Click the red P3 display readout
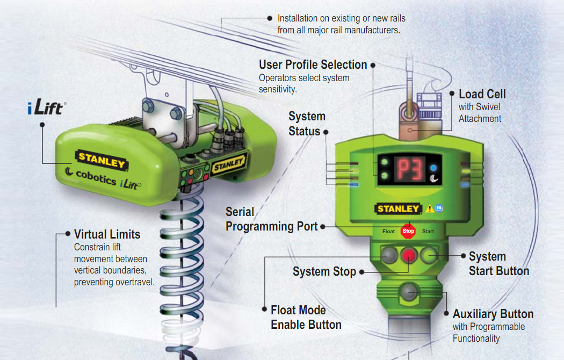[x=410, y=169]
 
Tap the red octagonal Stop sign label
[x=408, y=231]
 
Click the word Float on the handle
[x=388, y=232]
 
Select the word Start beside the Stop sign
[x=428, y=232]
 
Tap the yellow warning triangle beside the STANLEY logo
[x=430, y=208]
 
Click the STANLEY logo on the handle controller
[x=398, y=209]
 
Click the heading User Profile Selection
[x=313, y=64]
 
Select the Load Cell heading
[x=482, y=94]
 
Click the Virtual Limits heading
[x=107, y=234]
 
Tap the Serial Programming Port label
[x=272, y=219]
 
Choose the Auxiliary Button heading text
[x=493, y=314]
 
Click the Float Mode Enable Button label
[x=306, y=317]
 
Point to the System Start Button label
[x=499, y=264]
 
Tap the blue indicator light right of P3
[x=433, y=168]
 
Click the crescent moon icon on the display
[x=434, y=178]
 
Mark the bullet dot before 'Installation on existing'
[x=270, y=18]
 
